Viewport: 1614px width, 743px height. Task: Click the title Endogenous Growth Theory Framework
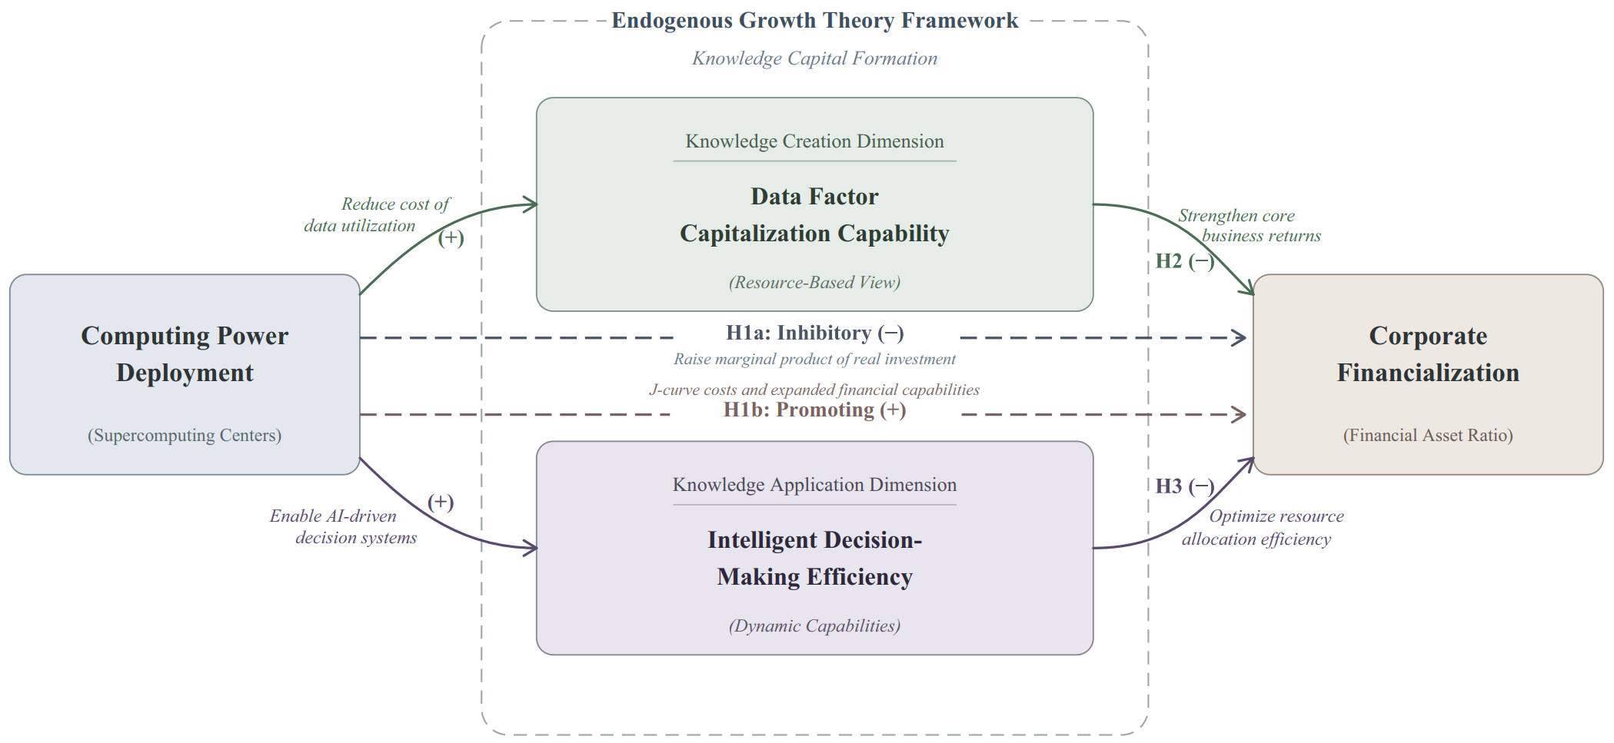tap(814, 21)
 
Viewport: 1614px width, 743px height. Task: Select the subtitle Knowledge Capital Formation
tap(814, 58)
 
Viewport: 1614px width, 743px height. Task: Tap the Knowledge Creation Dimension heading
tap(814, 141)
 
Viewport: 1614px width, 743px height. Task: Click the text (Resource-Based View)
tap(814, 283)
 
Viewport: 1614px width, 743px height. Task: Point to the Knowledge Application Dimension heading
tap(814, 485)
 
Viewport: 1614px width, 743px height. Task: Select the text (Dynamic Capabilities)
tap(814, 626)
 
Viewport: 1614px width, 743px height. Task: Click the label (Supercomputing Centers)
tap(185, 436)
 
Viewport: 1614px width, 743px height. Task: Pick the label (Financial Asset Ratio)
tap(1428, 436)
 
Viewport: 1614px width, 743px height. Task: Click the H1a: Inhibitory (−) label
tap(815, 333)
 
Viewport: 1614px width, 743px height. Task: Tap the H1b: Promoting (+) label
tap(815, 410)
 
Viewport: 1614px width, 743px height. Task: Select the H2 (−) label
tap(1185, 261)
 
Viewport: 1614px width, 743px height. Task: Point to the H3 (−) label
tap(1185, 486)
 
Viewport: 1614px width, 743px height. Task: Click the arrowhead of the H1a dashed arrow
tap(1240, 337)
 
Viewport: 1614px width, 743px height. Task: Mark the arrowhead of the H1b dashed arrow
tap(1240, 415)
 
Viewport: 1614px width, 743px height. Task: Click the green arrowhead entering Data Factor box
tap(531, 204)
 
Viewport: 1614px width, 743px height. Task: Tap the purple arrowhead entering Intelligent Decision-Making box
tap(531, 548)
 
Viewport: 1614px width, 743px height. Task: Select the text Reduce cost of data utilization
tap(377, 215)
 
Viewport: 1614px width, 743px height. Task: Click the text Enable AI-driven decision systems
tap(344, 527)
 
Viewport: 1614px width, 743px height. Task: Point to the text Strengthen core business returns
tap(1250, 226)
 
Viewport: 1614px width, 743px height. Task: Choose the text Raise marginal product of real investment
tap(815, 360)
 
